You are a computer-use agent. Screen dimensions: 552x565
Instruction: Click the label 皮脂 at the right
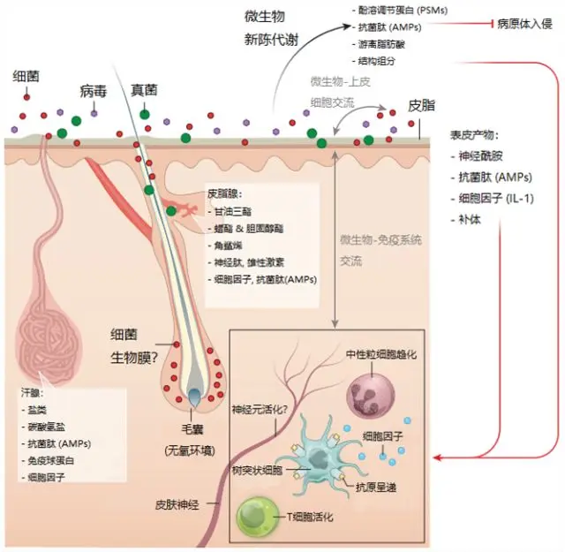click(x=422, y=104)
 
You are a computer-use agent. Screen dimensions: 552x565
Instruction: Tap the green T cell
click(x=259, y=515)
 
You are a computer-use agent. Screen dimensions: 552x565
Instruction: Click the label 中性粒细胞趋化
click(x=380, y=354)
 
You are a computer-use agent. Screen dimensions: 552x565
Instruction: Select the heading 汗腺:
click(x=32, y=390)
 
